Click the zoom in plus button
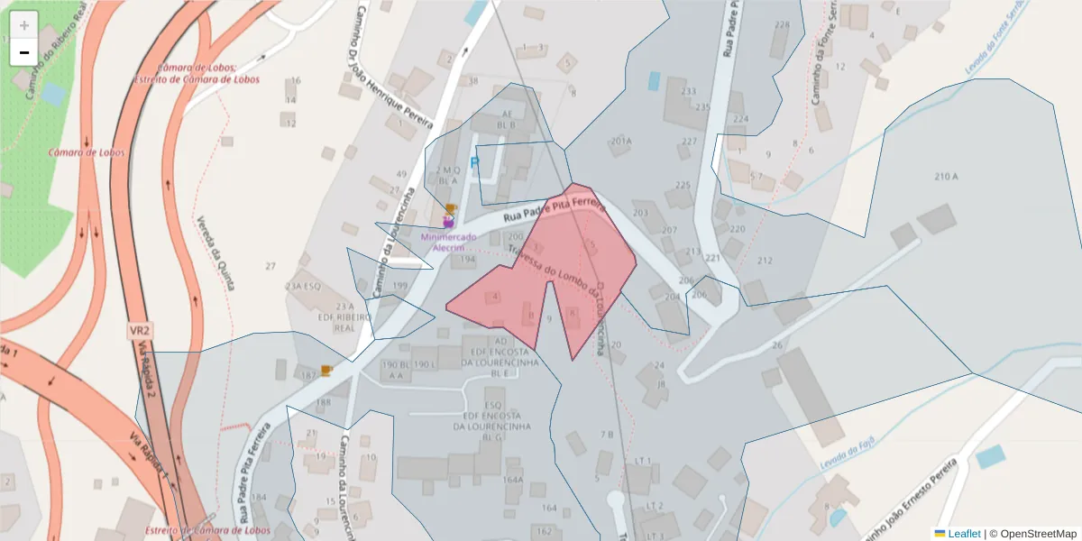pyautogui.click(x=24, y=25)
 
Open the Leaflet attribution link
pyautogui.click(x=964, y=534)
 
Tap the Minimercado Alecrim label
pyautogui.click(x=448, y=242)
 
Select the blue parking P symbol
pyautogui.click(x=475, y=166)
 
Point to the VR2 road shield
pyautogui.click(x=139, y=331)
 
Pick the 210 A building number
pyautogui.click(x=946, y=177)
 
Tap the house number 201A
pyautogui.click(x=621, y=142)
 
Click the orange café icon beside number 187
pyautogui.click(x=326, y=370)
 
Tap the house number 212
pyautogui.click(x=765, y=261)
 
